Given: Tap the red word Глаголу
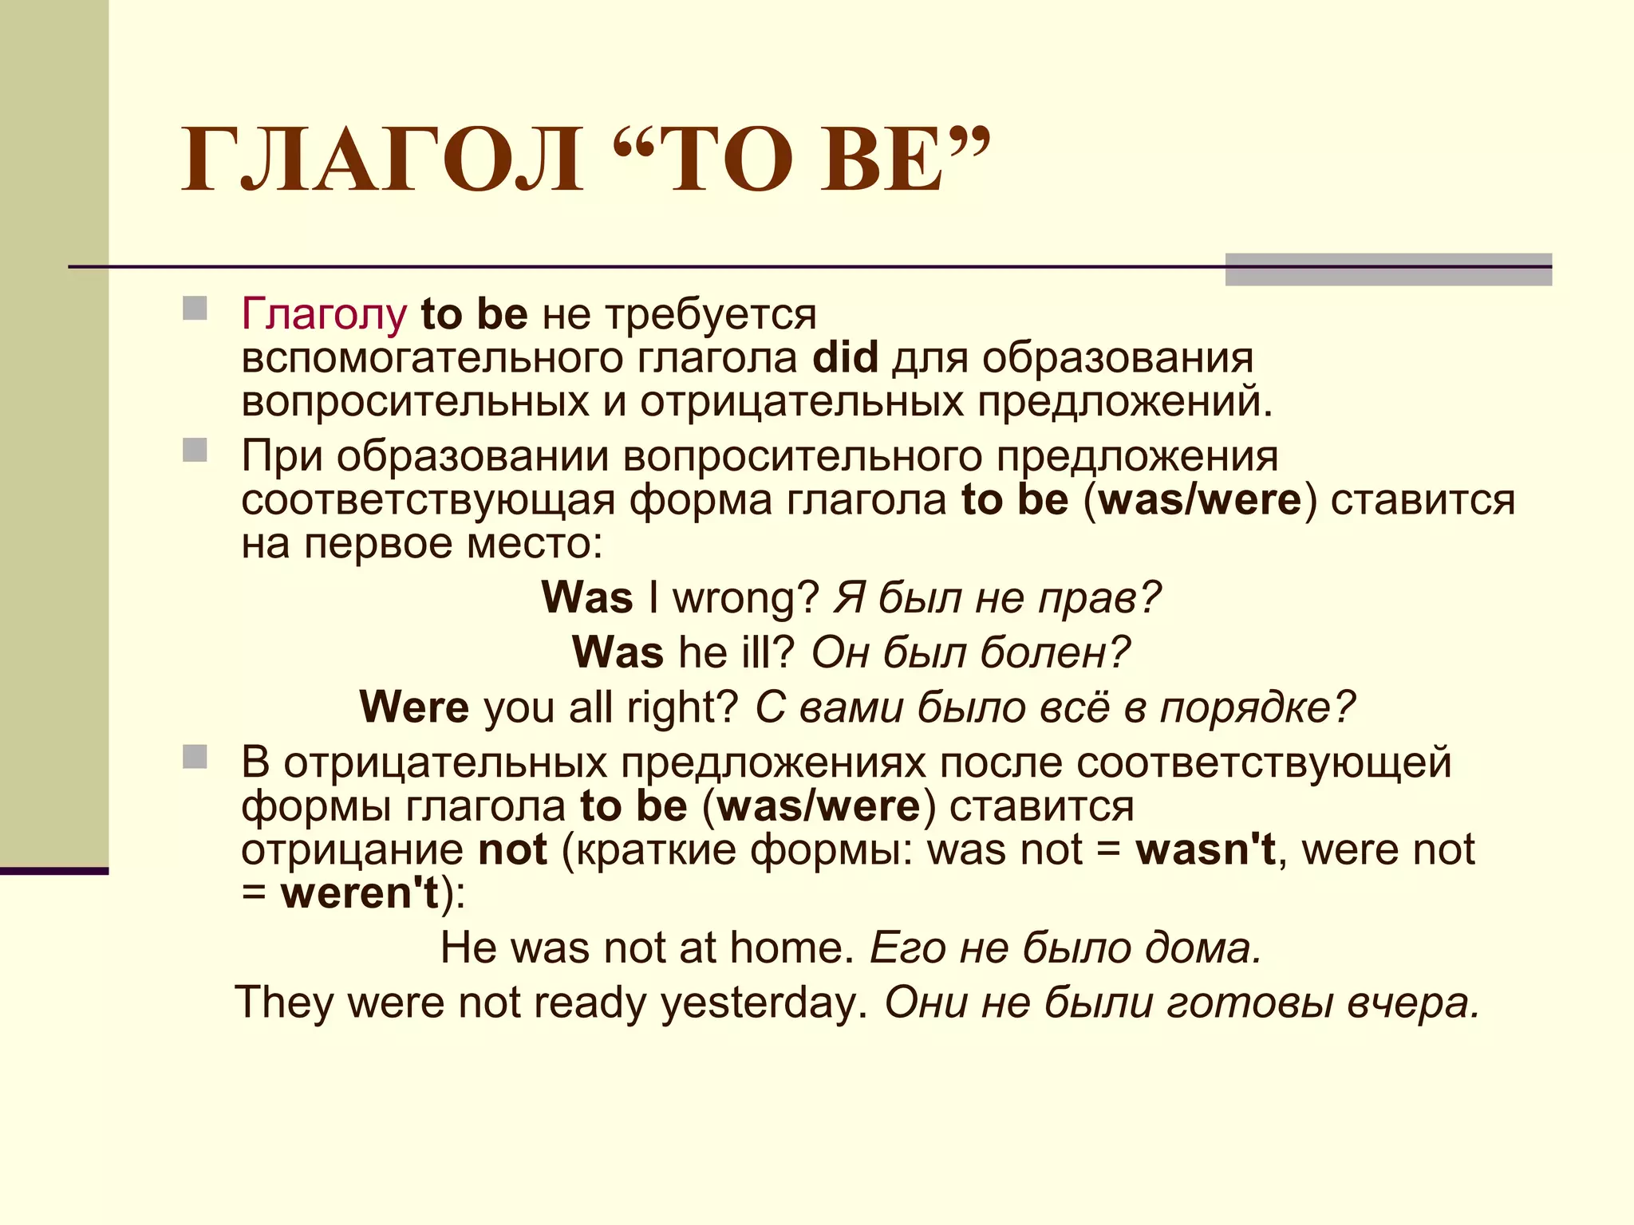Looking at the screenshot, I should (x=324, y=314).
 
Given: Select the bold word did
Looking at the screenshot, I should (x=845, y=357).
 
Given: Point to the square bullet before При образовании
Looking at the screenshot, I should (x=195, y=451).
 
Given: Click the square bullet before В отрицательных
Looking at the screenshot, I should (x=195, y=757).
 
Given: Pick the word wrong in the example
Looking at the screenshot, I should (x=745, y=597).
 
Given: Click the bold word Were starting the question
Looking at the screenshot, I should (x=414, y=707).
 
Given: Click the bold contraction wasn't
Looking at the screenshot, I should (x=1206, y=849).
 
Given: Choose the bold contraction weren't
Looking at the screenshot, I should (x=360, y=893).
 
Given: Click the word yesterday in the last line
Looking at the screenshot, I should (x=764, y=1002).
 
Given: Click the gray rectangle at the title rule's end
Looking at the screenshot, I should (x=1388, y=270).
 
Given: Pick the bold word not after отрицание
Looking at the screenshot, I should (x=512, y=849).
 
